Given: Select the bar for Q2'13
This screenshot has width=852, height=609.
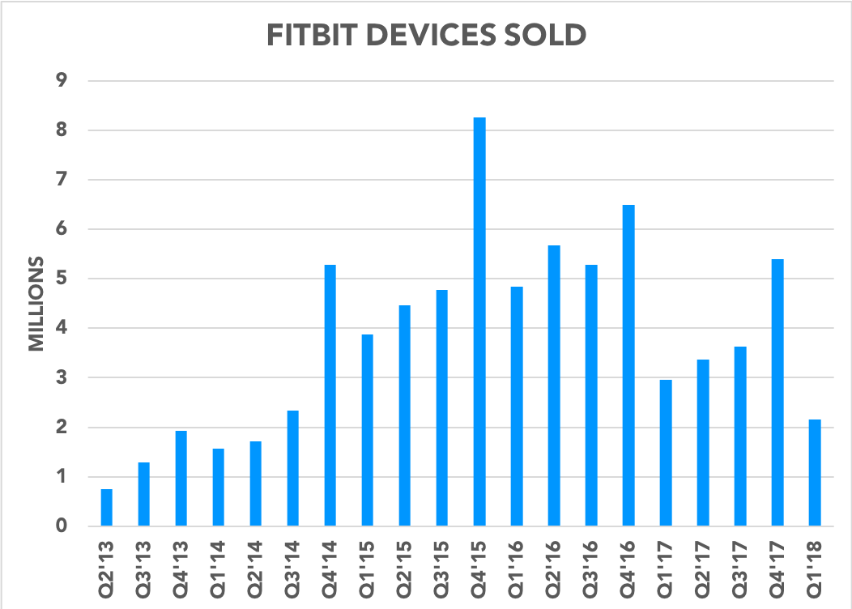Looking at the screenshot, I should coord(107,508).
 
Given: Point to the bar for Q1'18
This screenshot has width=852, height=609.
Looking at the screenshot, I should coord(815,473).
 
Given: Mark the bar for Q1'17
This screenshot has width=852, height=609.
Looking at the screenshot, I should coord(666,453).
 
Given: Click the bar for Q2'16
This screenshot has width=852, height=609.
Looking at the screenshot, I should coord(554,385).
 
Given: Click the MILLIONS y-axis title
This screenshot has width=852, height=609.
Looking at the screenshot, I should coord(36,304).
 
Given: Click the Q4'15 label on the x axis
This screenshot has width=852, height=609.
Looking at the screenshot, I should coord(480,566).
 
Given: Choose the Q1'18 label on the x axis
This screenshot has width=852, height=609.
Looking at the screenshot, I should coord(816,566).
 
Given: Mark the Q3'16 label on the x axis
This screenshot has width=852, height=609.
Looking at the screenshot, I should coord(592,566).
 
